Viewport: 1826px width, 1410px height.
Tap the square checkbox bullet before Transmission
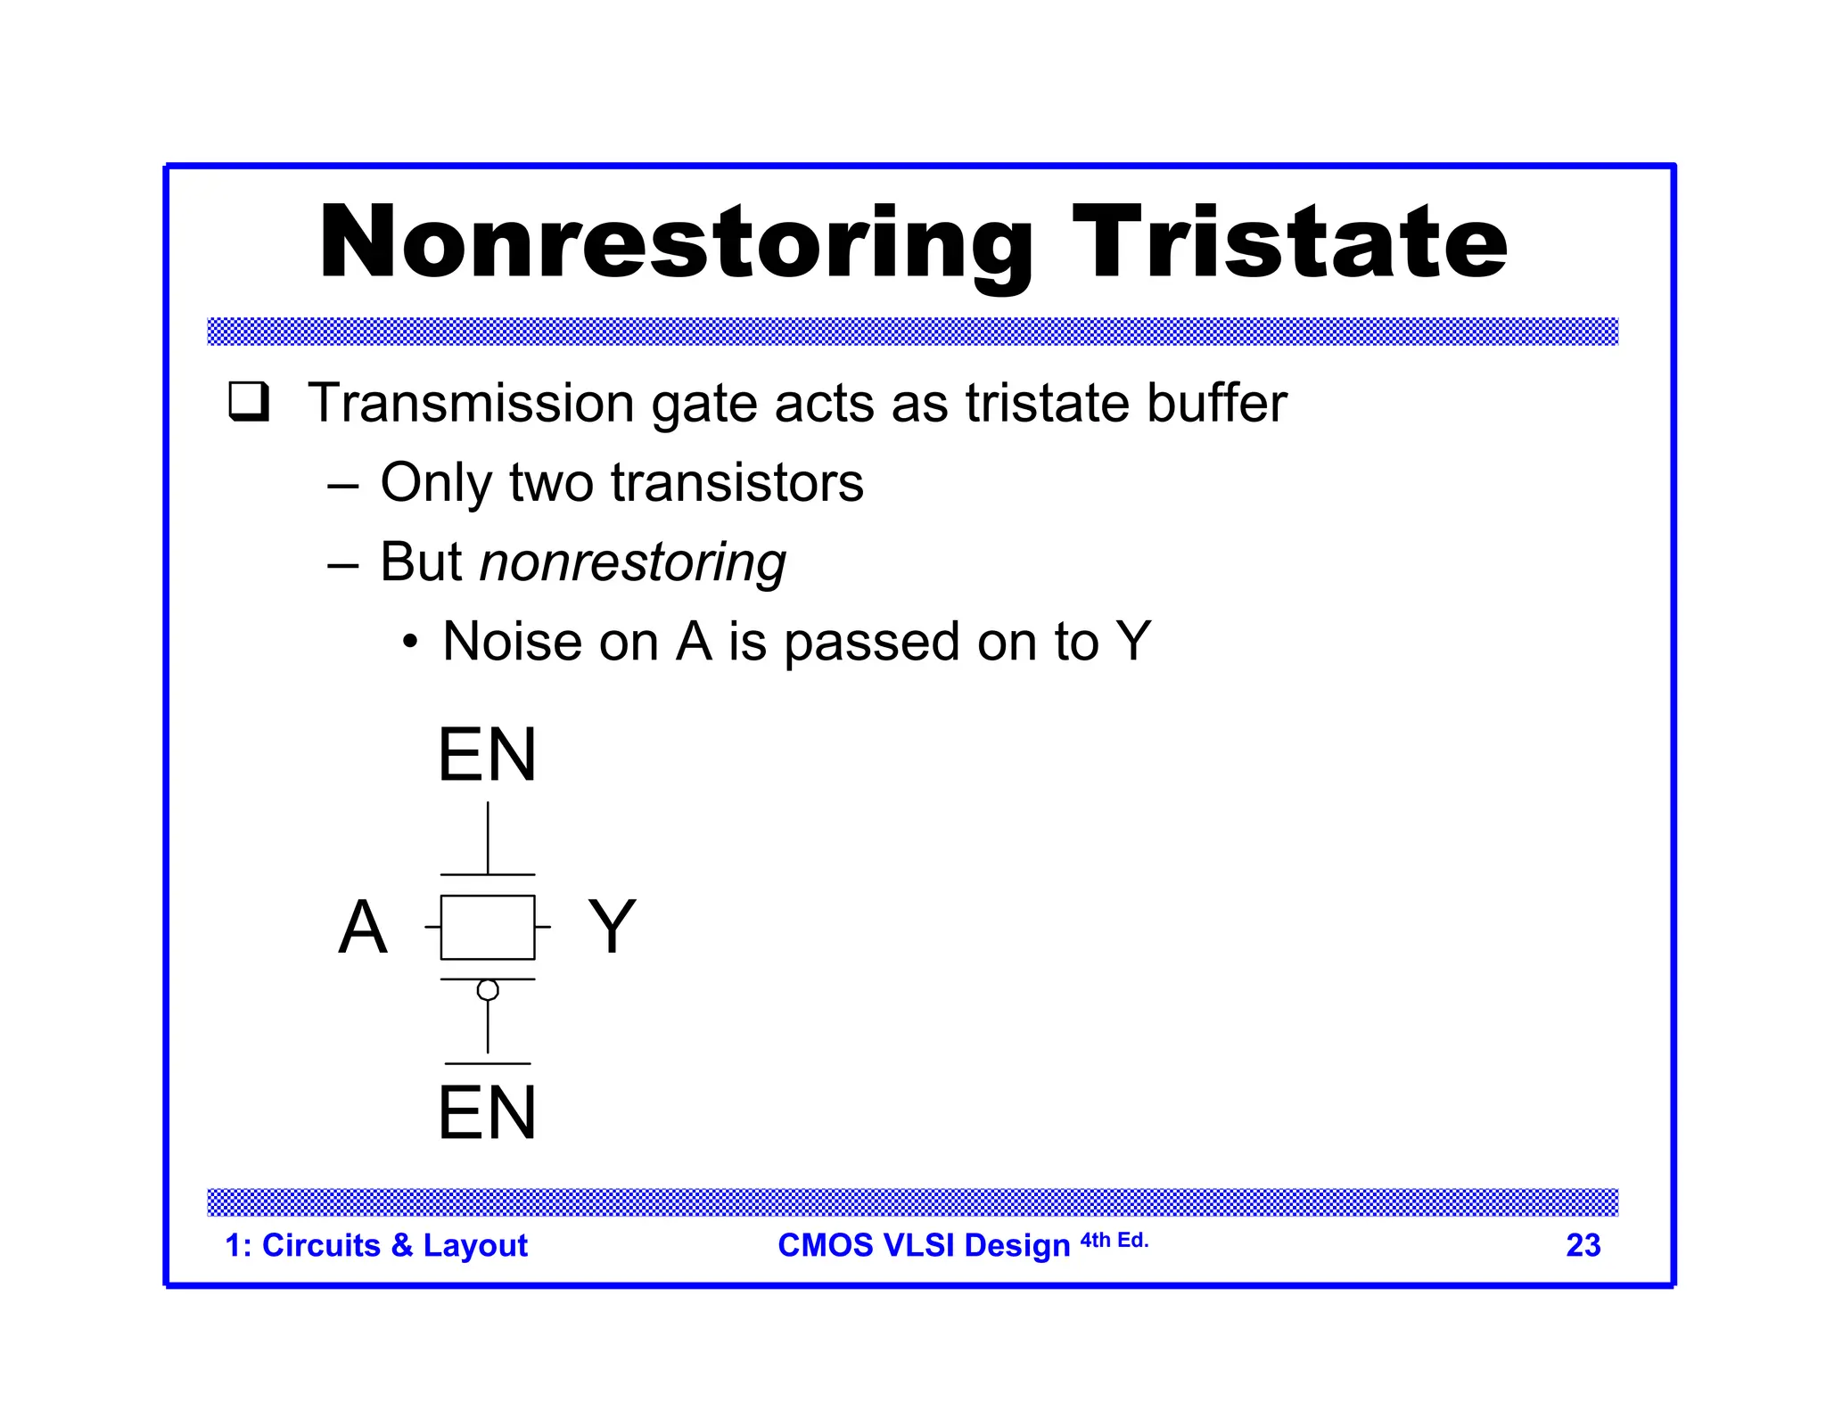pyautogui.click(x=249, y=401)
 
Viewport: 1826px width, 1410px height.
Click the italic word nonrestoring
pyautogui.click(x=632, y=562)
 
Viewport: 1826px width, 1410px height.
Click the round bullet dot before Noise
pyautogui.click(x=408, y=642)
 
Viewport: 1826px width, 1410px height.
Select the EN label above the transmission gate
pyautogui.click(x=487, y=755)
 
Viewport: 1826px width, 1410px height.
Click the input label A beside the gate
pyautogui.click(x=363, y=927)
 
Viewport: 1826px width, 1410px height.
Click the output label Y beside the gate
pyautogui.click(x=612, y=927)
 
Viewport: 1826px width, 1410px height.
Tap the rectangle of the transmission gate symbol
pyautogui.click(x=488, y=927)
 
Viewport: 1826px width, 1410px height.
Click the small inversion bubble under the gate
pyautogui.click(x=488, y=989)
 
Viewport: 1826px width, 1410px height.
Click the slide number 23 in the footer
pyautogui.click(x=1583, y=1245)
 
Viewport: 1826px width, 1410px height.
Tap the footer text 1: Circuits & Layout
pyautogui.click(x=375, y=1245)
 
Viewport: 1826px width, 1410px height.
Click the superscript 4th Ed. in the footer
pyautogui.click(x=1114, y=1240)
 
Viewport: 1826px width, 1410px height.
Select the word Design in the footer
pyautogui.click(x=1017, y=1245)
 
